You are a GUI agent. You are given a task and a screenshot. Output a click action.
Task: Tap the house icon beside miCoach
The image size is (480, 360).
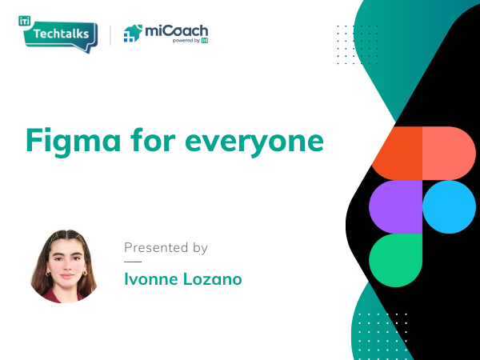133,34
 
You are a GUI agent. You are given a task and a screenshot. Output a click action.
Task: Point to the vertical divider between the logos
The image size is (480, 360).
110,34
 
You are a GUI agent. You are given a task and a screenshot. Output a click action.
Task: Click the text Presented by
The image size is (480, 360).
166,248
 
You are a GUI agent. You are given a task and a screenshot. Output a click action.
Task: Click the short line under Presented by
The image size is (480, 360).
133,262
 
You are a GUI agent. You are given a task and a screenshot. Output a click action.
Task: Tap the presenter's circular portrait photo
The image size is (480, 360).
63,266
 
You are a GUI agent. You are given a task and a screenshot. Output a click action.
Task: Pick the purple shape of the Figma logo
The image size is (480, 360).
395,206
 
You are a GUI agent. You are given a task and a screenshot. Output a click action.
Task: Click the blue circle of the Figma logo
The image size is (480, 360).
449,206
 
